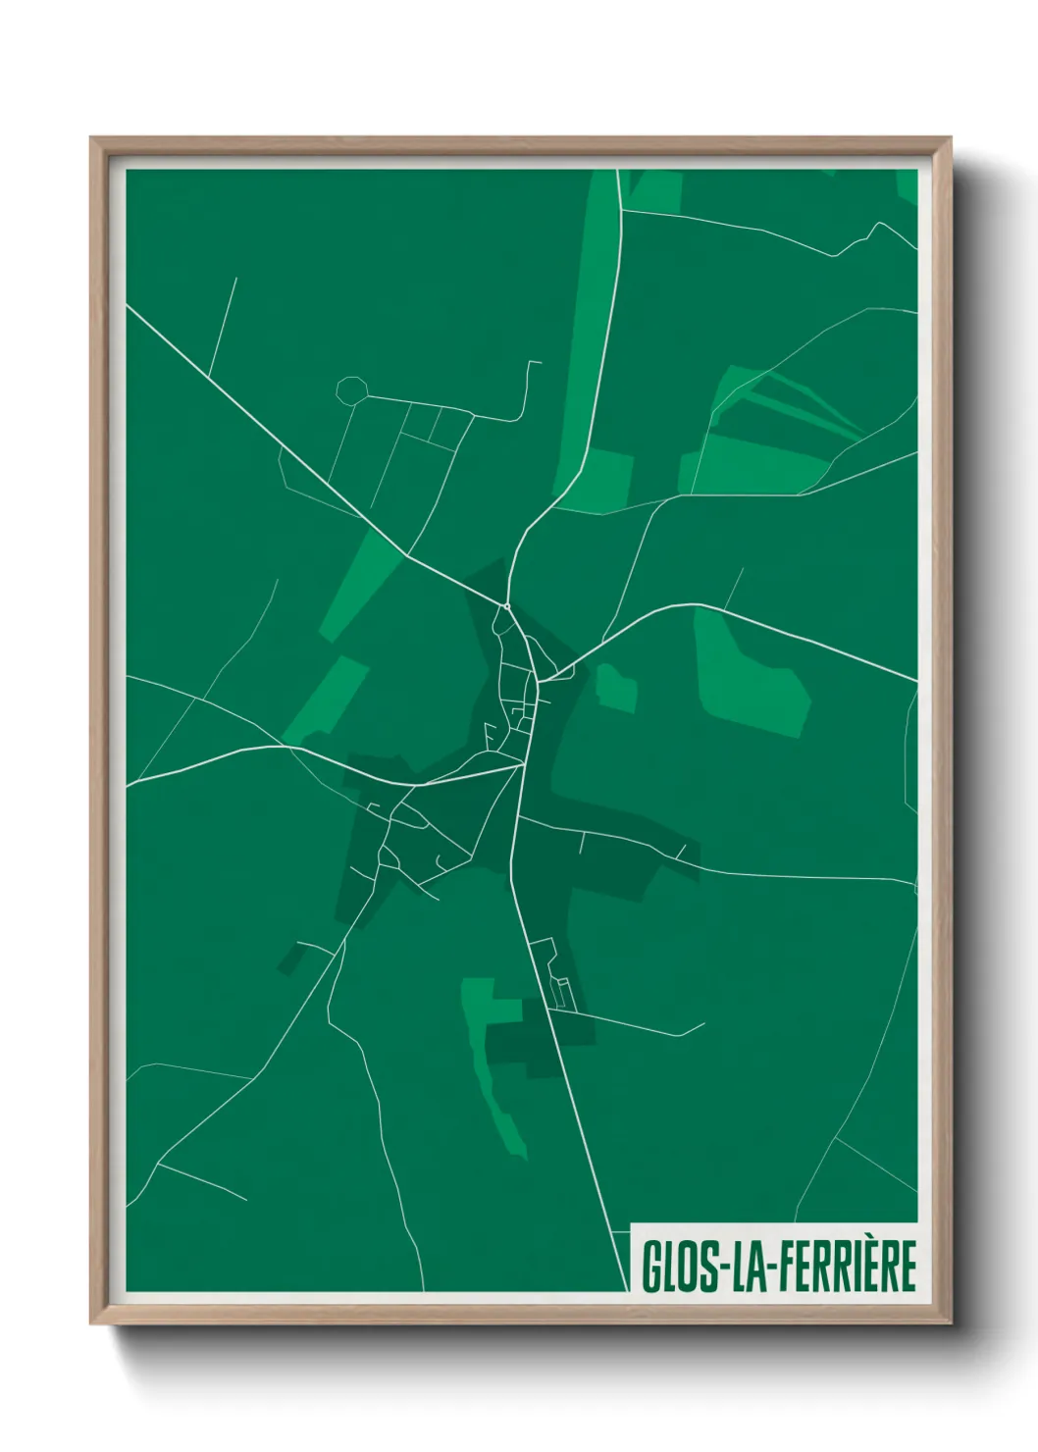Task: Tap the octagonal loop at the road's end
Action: click(350, 390)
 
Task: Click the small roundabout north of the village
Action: click(506, 607)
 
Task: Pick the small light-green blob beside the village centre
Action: click(616, 687)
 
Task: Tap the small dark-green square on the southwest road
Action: click(290, 959)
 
